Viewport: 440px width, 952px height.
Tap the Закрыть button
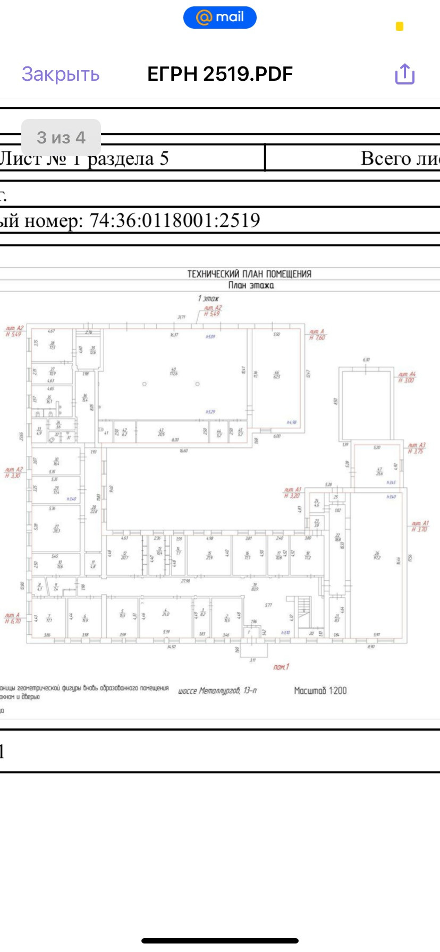pyautogui.click(x=61, y=74)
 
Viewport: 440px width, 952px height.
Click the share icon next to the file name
pyautogui.click(x=404, y=74)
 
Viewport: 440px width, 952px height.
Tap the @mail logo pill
pyautogui.click(x=220, y=18)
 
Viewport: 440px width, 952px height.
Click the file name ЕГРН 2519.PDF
pyautogui.click(x=220, y=74)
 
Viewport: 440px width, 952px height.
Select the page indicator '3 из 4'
pyautogui.click(x=61, y=138)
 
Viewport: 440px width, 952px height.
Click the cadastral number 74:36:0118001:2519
pyautogui.click(x=175, y=220)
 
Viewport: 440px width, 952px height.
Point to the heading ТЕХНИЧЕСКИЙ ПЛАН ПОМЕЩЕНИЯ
pyautogui.click(x=249, y=274)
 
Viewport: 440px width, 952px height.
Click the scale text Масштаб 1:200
pyautogui.click(x=320, y=691)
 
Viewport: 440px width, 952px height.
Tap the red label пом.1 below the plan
pyautogui.click(x=281, y=667)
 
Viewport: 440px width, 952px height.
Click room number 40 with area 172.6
pyautogui.click(x=173, y=371)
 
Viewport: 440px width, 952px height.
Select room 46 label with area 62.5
pyautogui.click(x=276, y=374)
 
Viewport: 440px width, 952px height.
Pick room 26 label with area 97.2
pyautogui.click(x=377, y=556)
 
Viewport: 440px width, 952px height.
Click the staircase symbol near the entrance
pyautogui.click(x=304, y=606)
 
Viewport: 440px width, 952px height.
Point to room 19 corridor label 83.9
pyautogui.click(x=255, y=586)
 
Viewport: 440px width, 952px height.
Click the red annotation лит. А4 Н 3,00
pyautogui.click(x=407, y=377)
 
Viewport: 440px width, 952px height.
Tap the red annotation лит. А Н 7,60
pyautogui.click(x=317, y=335)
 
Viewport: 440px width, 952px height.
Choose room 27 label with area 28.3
pyautogui.click(x=56, y=529)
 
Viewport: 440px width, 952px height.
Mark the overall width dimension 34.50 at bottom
pyautogui.click(x=171, y=647)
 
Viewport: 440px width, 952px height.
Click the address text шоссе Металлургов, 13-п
pyautogui.click(x=217, y=691)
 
